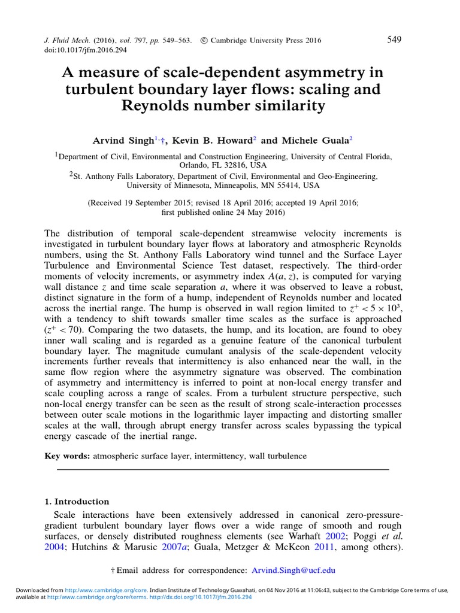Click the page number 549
pyautogui.click(x=394, y=40)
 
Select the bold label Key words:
pyautogui.click(x=66, y=456)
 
